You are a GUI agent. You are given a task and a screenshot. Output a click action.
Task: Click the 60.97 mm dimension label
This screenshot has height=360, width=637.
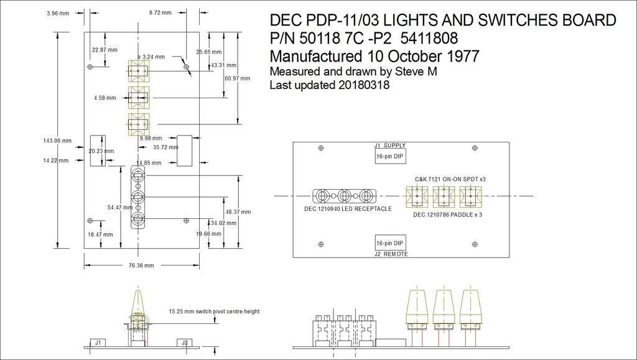(x=238, y=78)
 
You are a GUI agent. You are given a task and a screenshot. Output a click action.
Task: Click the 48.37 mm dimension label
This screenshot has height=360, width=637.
(x=238, y=212)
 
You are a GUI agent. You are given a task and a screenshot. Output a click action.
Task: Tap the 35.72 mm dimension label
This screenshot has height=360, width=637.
(x=165, y=147)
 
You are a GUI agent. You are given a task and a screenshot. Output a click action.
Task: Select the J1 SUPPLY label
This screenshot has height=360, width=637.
(x=390, y=145)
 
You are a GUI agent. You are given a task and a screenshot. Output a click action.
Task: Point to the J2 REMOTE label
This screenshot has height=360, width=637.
(x=391, y=254)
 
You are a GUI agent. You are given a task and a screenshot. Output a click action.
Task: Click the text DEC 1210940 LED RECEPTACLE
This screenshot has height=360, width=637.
(x=348, y=209)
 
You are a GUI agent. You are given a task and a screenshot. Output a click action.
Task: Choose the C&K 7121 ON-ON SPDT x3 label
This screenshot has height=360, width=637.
(x=450, y=179)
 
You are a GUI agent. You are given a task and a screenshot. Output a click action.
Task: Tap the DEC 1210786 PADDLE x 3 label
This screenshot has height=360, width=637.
(x=449, y=215)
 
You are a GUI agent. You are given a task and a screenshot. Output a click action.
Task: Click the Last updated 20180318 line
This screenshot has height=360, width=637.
(x=330, y=85)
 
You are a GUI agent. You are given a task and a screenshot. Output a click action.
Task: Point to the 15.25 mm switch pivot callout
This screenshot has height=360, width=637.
(x=214, y=312)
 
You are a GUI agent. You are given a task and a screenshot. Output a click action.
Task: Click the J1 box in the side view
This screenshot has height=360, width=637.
(x=98, y=343)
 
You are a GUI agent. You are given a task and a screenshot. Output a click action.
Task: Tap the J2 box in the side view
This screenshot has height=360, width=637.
(x=184, y=343)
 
